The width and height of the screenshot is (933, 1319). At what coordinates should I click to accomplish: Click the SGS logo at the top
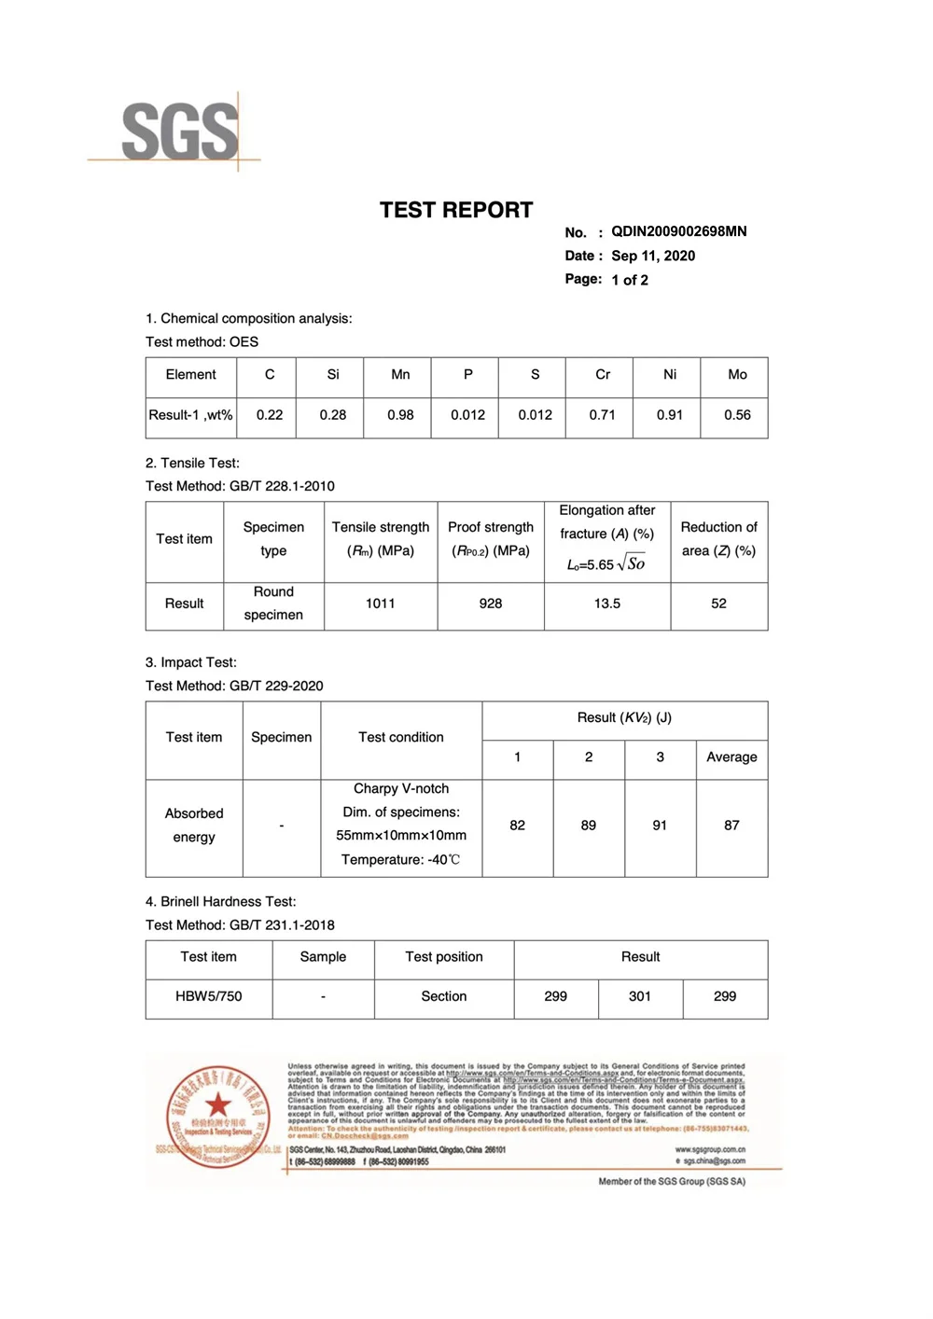(179, 132)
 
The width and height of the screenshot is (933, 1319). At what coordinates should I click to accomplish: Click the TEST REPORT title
(456, 211)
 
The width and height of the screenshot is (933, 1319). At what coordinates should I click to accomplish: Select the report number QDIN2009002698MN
(678, 231)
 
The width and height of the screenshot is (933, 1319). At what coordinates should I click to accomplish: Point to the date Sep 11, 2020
(653, 256)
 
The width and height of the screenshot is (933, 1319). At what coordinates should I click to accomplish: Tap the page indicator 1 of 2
(630, 280)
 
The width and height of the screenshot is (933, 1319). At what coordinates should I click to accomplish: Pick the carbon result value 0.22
(270, 415)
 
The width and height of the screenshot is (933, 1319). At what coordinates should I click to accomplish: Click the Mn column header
(400, 374)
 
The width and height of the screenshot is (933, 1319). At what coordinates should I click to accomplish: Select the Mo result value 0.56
(737, 415)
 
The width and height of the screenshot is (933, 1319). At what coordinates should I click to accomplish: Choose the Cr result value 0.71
(602, 415)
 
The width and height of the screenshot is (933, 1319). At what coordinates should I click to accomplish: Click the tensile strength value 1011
(381, 604)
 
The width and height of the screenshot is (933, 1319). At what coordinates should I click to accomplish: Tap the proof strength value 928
(491, 604)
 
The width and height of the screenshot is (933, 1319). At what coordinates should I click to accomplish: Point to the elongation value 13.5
(607, 604)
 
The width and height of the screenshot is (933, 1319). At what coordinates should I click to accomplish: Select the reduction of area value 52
(718, 604)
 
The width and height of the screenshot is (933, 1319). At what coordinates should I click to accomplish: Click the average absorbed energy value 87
(731, 826)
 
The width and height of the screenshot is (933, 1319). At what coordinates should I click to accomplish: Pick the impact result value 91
(660, 826)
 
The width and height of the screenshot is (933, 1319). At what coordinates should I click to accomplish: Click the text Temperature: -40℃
(400, 859)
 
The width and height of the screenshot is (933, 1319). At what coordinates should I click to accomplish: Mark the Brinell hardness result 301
(640, 996)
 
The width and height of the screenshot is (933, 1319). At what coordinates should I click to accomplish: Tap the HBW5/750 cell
(209, 996)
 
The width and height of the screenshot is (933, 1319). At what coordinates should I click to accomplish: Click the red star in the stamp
(218, 1105)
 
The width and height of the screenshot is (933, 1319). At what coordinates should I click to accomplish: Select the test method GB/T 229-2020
(276, 686)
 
